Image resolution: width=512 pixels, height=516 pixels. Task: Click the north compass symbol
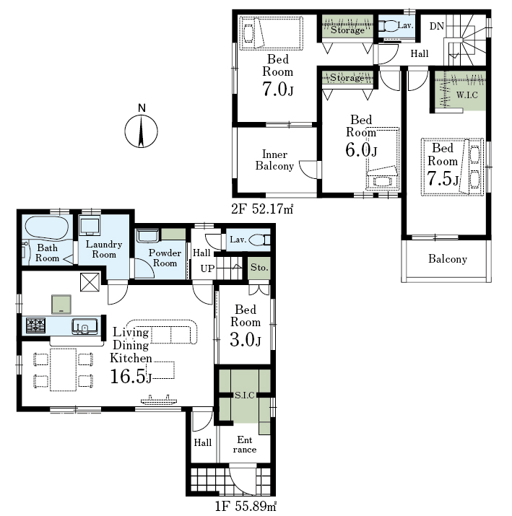[x=142, y=131]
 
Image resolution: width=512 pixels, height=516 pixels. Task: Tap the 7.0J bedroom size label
[x=277, y=89]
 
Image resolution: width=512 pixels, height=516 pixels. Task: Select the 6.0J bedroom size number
[x=361, y=149]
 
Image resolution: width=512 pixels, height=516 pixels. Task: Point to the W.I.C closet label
[x=467, y=95]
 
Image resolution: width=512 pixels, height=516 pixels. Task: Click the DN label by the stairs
[x=437, y=26]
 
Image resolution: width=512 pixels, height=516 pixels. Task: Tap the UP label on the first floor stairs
[x=207, y=268]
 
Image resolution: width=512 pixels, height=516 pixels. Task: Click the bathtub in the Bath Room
[x=47, y=227]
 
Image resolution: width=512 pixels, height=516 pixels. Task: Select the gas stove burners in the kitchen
[x=36, y=325]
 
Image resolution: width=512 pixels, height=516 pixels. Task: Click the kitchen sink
[x=84, y=326]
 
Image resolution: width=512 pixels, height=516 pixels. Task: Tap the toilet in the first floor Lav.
[x=260, y=240]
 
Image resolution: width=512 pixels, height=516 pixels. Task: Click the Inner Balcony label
[x=274, y=160]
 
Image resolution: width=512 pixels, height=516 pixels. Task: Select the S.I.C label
[x=244, y=395]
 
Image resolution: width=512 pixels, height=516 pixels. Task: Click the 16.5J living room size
[x=131, y=376]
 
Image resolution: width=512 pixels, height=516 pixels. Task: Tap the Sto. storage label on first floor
[x=259, y=267]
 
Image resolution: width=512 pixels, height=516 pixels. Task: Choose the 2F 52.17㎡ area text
[x=262, y=209]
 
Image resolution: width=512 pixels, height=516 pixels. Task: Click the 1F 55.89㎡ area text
[x=246, y=506]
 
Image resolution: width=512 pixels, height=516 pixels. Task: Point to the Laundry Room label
[x=104, y=249]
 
